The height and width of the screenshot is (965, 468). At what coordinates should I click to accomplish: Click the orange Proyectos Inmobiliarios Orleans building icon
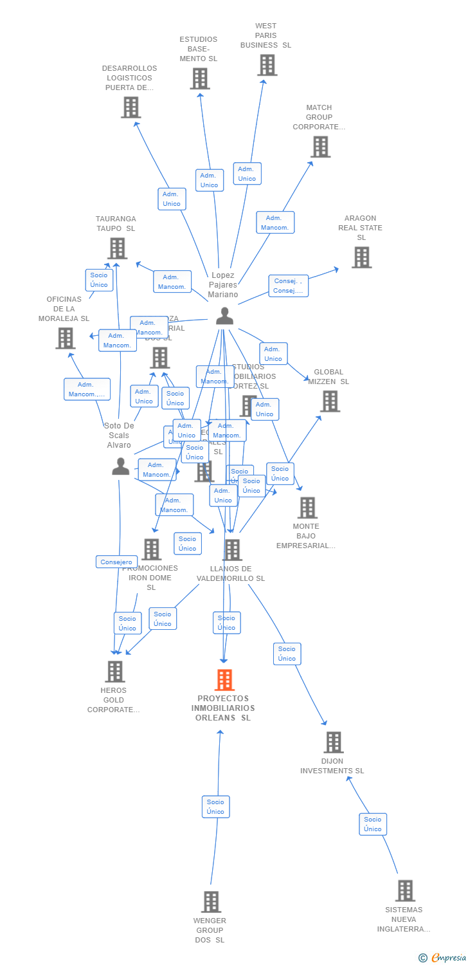tap(224, 680)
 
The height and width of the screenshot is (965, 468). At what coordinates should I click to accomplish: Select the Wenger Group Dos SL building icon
tap(211, 902)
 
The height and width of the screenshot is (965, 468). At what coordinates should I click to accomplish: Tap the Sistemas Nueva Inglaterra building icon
tap(405, 891)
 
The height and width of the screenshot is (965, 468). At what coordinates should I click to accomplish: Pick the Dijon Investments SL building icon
tap(333, 742)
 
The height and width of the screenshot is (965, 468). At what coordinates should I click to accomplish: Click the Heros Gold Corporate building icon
tap(114, 672)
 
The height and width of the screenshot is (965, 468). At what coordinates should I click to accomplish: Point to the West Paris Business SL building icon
tap(267, 65)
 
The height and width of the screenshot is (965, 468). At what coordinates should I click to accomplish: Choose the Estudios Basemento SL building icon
tap(200, 78)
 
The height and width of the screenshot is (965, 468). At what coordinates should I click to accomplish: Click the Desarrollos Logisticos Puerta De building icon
tap(130, 107)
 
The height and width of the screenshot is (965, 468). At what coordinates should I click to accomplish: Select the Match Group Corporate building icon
tap(319, 147)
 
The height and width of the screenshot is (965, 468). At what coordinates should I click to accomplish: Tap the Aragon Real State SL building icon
tap(361, 257)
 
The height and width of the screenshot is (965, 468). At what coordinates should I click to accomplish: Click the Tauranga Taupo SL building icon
tap(117, 248)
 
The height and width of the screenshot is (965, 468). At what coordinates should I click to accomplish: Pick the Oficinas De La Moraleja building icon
tap(65, 338)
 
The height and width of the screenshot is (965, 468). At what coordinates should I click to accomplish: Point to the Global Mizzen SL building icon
tap(330, 401)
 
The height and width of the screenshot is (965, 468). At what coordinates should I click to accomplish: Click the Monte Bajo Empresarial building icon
tap(307, 508)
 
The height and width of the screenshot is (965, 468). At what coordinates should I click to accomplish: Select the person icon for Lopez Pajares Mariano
tap(224, 316)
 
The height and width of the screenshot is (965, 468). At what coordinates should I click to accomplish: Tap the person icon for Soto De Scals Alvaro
tap(120, 466)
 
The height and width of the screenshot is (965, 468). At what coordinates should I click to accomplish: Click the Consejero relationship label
tap(117, 562)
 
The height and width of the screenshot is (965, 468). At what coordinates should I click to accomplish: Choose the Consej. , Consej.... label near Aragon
tap(289, 286)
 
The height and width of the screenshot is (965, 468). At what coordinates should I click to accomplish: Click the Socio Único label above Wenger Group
tap(215, 807)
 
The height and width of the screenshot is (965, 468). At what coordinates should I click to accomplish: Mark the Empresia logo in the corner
tap(444, 958)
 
